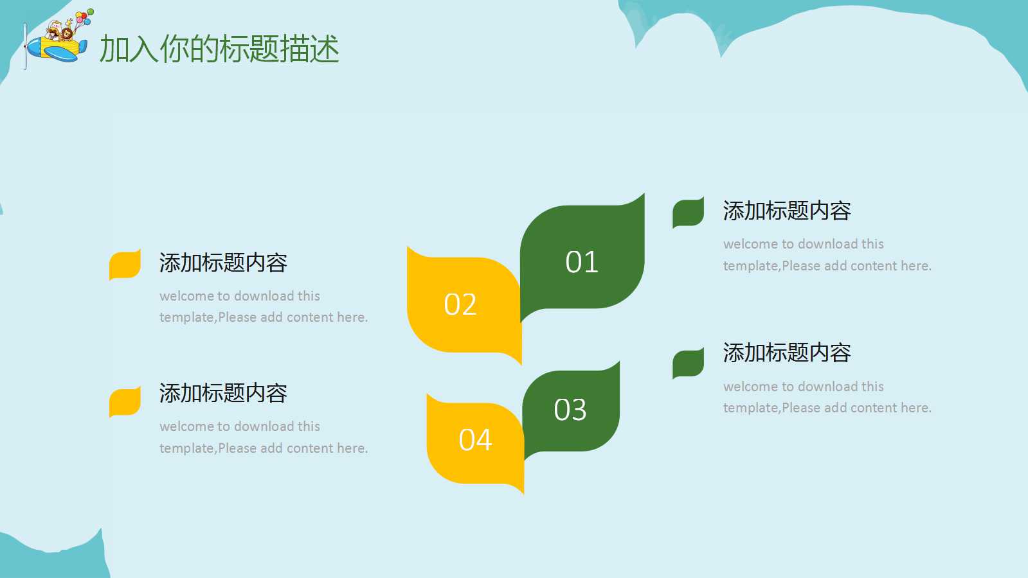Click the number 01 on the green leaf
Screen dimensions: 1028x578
(581, 262)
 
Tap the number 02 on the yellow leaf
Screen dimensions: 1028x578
(460, 304)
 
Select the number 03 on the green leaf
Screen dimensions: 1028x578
(570, 409)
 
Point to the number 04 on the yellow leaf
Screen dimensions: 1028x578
(475, 440)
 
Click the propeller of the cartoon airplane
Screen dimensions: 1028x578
(25, 46)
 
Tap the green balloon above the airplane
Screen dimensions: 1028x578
(91, 11)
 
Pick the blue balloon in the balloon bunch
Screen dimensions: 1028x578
(87, 22)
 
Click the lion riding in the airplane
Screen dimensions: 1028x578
(67, 34)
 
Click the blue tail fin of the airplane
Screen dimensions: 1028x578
(82, 47)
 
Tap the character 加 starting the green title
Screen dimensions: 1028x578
(114, 48)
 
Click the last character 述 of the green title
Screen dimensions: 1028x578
(325, 48)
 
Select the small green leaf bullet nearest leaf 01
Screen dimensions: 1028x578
(688, 212)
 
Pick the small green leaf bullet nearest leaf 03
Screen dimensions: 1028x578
(688, 363)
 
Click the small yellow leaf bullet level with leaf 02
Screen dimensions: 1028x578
(125, 265)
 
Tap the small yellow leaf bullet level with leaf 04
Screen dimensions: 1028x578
(125, 401)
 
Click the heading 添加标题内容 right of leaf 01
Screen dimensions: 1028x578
(787, 211)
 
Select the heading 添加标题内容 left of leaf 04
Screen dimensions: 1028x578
(223, 393)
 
